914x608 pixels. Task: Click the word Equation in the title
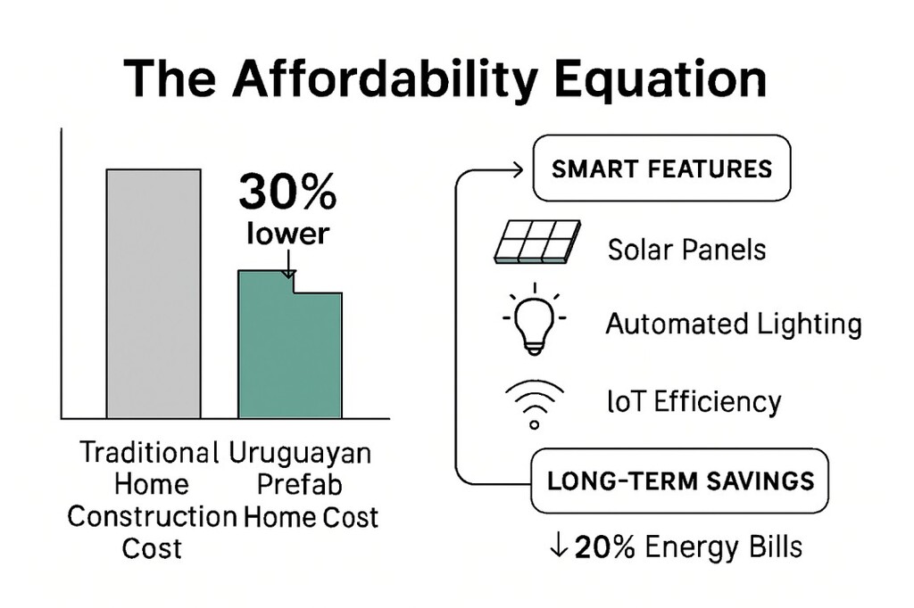click(x=660, y=78)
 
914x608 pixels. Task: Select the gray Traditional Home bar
click(x=154, y=294)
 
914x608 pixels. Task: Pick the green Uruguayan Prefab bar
click(x=290, y=344)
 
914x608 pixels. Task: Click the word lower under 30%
click(x=287, y=233)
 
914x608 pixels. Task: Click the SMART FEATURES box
click(x=661, y=168)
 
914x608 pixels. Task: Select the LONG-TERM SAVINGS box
click(x=679, y=481)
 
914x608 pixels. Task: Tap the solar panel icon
click(x=536, y=242)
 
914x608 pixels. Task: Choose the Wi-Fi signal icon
click(x=535, y=404)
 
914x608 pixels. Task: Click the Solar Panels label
click(x=686, y=250)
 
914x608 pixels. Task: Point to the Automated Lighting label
click(x=734, y=324)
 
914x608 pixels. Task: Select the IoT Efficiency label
click(x=694, y=401)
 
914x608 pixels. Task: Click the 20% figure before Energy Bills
click(x=604, y=546)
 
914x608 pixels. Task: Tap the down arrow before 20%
click(x=559, y=546)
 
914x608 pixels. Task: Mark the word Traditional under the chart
click(x=149, y=453)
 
